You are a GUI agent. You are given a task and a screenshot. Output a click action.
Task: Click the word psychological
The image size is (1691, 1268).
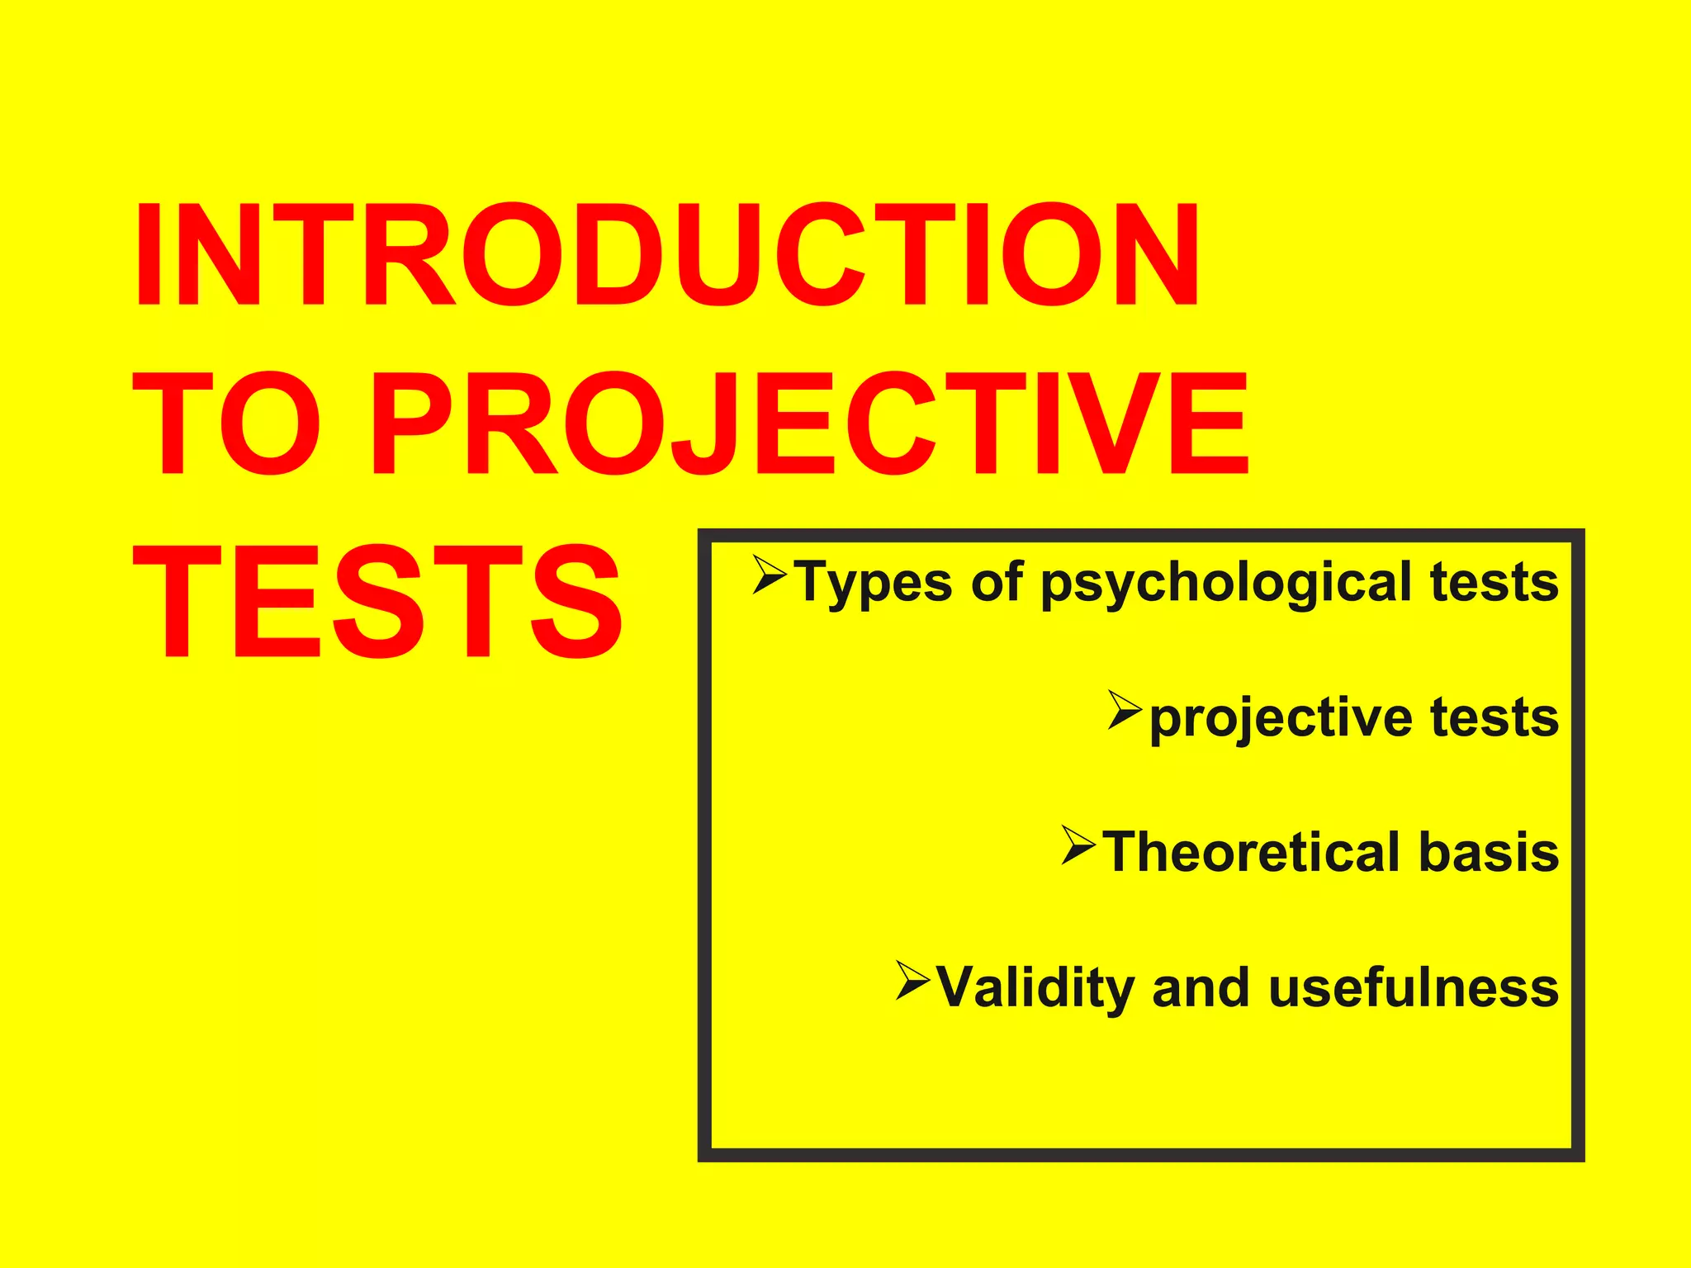point(1225,583)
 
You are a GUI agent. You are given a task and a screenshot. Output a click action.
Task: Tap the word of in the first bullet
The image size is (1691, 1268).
point(997,581)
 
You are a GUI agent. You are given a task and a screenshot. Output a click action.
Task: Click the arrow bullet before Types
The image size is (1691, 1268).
point(770,575)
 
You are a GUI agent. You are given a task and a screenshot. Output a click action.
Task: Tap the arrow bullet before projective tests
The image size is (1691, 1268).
point(1125,710)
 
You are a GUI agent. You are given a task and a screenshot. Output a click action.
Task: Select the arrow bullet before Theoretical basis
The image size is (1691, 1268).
point(1078,845)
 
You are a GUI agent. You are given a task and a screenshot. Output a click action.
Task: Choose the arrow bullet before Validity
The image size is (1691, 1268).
point(912,980)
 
